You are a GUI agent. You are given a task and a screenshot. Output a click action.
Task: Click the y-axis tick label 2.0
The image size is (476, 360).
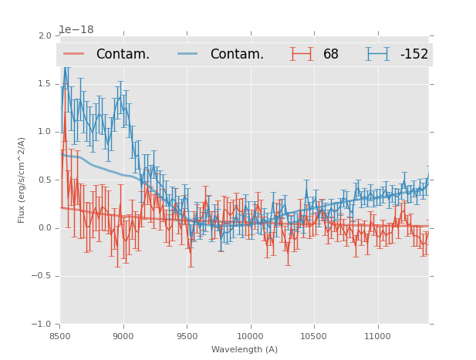(45, 35)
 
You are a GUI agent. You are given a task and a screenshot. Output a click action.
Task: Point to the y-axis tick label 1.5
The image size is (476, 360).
(45, 83)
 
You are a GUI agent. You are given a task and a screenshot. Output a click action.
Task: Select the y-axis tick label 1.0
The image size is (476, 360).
(45, 132)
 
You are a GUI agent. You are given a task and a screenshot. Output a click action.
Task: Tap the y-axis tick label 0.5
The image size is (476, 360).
(45, 180)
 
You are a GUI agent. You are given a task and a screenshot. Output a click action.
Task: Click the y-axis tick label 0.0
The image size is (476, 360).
(45, 228)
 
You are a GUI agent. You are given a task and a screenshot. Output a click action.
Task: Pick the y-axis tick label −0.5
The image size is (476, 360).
(42, 276)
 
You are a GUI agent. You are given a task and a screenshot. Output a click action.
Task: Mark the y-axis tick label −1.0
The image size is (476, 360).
(42, 325)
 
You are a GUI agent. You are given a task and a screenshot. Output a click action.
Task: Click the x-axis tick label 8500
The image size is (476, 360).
(60, 336)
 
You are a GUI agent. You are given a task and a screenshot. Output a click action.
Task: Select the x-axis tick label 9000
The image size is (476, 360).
(123, 336)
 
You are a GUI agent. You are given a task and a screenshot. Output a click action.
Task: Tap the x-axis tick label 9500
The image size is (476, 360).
(187, 336)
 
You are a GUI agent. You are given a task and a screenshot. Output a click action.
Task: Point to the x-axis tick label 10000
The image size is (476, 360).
(250, 336)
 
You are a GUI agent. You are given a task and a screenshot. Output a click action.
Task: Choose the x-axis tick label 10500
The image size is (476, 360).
(314, 336)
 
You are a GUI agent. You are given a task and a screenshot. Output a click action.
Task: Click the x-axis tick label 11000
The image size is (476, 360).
(377, 336)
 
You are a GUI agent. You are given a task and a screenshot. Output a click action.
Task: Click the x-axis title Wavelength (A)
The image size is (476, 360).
(245, 349)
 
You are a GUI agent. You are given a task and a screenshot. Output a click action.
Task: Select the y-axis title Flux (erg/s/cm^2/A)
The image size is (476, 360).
(22, 180)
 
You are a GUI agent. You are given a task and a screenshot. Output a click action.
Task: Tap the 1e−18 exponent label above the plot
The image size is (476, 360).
(76, 29)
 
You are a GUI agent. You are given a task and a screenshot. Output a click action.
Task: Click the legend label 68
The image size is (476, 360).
(331, 55)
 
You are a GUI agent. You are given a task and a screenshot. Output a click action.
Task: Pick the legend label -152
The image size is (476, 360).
(414, 55)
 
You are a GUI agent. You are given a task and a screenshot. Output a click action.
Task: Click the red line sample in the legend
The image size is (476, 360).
(74, 54)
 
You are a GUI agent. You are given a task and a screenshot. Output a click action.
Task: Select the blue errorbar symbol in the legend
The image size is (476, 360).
(377, 54)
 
